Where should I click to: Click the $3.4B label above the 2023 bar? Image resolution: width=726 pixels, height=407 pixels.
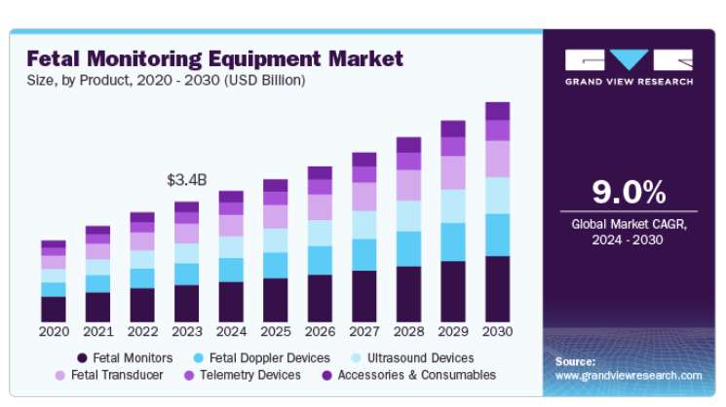[186, 180]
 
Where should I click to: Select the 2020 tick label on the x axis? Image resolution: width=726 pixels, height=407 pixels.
[54, 332]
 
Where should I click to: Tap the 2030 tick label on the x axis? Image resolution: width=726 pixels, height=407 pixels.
[497, 332]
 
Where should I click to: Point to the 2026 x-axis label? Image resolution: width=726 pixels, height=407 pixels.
[320, 332]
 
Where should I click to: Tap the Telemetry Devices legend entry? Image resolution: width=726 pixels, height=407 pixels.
[245, 375]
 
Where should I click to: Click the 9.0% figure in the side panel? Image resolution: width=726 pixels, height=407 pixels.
[629, 191]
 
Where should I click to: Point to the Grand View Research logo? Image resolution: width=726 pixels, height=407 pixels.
[629, 66]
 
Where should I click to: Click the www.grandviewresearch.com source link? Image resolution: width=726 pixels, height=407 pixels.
[629, 375]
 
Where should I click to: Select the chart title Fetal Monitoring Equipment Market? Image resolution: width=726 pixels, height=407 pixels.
[214, 58]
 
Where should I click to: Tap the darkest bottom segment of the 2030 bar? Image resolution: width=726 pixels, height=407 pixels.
[497, 289]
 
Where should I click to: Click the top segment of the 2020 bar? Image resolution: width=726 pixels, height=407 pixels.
[54, 244]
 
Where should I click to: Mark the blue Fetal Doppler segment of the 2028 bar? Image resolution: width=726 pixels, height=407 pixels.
[408, 248]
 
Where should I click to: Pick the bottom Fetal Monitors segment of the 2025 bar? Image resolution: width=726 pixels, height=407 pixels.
[276, 300]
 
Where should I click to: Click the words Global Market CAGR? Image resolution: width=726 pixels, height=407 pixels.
[629, 224]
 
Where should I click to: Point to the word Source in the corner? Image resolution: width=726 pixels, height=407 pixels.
[575, 361]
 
